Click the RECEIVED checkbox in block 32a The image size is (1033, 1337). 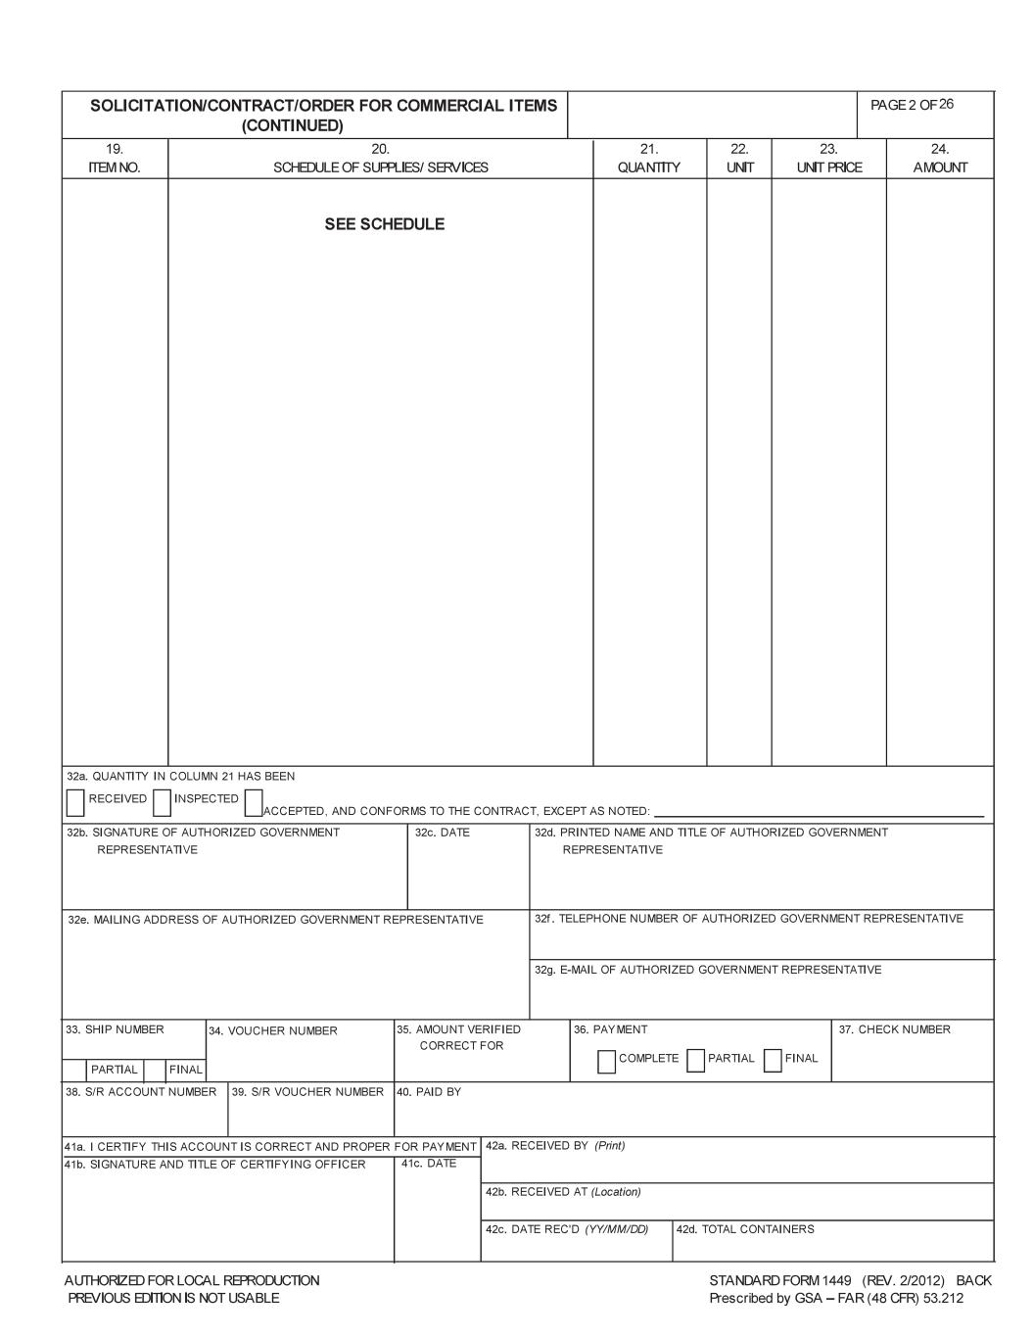pos(75,802)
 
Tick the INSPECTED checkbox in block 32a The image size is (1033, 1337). pos(162,802)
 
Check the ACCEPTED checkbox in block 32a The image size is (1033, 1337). pos(254,802)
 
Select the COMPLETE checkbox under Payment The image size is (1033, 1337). pos(607,1061)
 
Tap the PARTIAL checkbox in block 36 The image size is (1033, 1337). pos(696,1061)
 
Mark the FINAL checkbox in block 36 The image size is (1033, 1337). pos(773,1061)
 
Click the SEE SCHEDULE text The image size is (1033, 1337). pos(384,224)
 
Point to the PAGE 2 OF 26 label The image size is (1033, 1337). pos(912,105)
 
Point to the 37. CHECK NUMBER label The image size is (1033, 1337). pos(895,1029)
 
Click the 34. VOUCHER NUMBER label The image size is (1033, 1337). pos(273,1031)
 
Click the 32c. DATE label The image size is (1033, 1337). pos(442,833)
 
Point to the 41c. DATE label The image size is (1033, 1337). pos(429,1164)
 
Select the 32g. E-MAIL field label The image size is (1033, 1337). pos(707,970)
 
